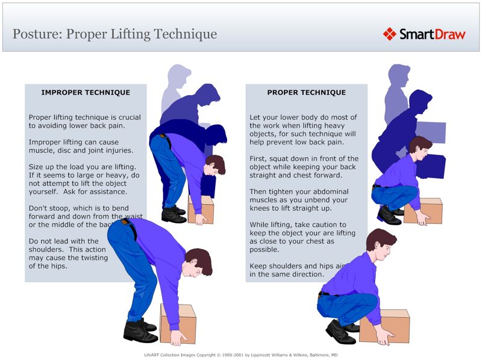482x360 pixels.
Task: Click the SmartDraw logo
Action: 424,34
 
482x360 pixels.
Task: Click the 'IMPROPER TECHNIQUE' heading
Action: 86,93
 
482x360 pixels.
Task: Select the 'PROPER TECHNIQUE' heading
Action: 307,93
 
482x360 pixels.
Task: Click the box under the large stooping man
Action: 178,324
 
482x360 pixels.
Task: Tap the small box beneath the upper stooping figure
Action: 201,209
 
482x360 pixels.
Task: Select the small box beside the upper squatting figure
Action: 423,211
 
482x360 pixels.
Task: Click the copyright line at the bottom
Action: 241,355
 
